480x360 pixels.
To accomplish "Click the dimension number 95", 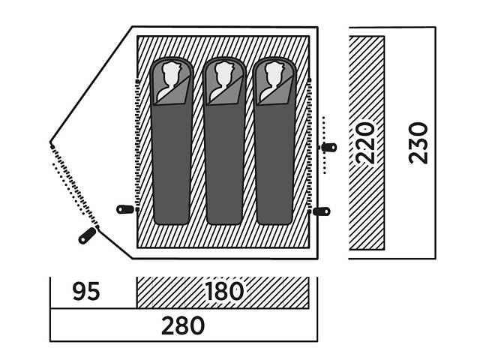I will coord(87,292).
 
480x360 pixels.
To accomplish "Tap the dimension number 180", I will coord(223,292).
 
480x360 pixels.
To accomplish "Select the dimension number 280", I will coord(183,326).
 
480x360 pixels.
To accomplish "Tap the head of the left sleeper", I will coord(172,76).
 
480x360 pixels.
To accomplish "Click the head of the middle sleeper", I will coord(223,76).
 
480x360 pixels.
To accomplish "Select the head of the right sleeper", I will coord(273,76).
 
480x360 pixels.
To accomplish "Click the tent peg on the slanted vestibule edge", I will coord(87,235).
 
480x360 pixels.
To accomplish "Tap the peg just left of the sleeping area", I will coord(125,209).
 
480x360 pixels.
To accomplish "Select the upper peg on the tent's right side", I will coord(328,147).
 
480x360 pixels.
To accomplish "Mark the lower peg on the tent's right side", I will coord(321,211).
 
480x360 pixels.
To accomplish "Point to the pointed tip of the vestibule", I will coord(50,141).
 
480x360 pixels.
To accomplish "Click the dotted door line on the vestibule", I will coord(73,187).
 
